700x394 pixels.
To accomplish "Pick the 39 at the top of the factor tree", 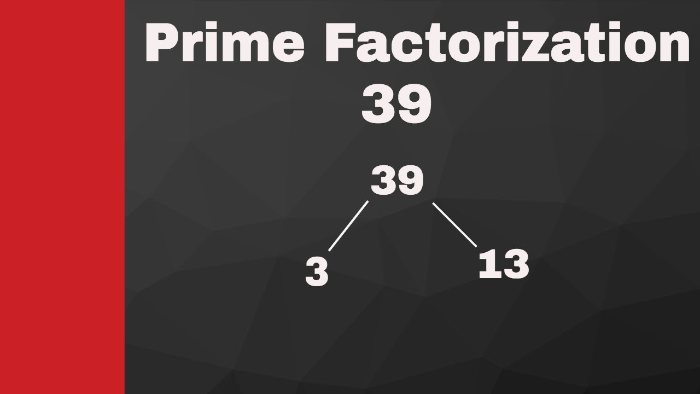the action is (397, 181).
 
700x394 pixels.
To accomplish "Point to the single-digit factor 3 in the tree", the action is (317, 272).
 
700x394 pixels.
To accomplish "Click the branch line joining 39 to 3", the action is (348, 227).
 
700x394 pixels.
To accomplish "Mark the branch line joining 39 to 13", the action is (454, 225).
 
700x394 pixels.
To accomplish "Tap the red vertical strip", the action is (62, 197).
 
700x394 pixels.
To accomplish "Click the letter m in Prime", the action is (248, 50).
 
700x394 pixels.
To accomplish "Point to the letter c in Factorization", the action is (404, 50).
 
